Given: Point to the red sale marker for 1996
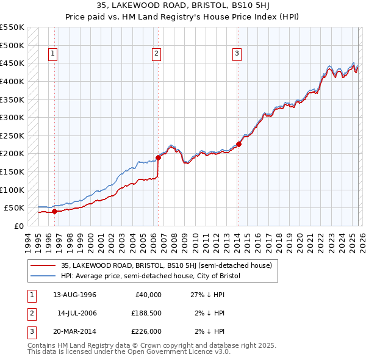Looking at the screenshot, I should point(54,211).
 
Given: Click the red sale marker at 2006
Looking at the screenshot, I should point(158,157).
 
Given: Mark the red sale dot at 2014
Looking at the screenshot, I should point(239,144).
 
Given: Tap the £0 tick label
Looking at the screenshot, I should point(19,226).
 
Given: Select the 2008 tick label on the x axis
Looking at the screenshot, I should point(175,241).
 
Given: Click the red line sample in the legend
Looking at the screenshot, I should point(44,265).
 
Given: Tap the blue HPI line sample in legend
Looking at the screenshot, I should point(44,276).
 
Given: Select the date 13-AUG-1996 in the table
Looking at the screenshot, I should point(74,295).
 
